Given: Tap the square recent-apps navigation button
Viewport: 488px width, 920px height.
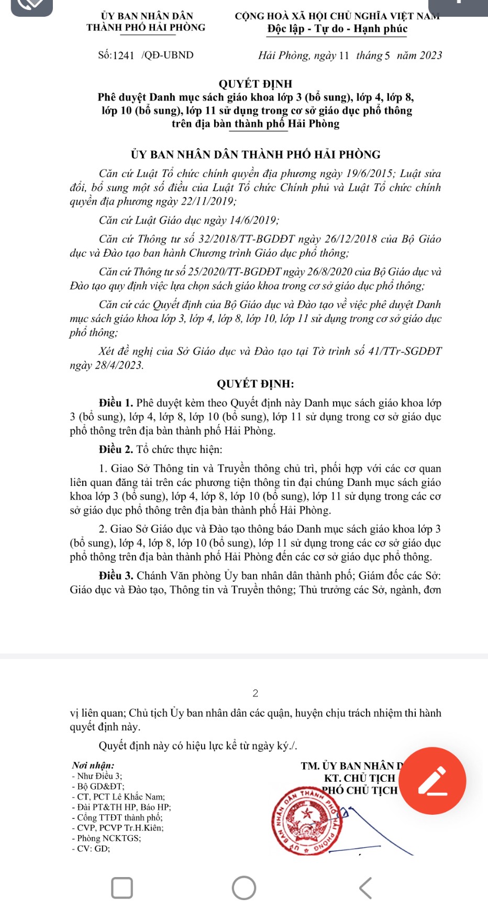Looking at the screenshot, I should pos(122,888).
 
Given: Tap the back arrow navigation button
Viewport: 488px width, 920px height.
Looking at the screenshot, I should pos(365,888).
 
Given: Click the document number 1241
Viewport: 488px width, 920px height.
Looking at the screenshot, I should pos(124,56).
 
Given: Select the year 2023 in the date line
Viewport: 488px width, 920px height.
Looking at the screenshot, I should pos(430,56).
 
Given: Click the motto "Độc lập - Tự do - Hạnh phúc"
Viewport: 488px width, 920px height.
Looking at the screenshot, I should pos(337,29).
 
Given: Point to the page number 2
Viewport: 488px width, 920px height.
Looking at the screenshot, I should pos(256,693).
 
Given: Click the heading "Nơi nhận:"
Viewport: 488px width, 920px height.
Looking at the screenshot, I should pos(93,766).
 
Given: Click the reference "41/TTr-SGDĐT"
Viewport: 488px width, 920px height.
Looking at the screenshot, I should pos(405,351).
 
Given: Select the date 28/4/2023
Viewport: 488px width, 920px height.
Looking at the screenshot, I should pos(119,365).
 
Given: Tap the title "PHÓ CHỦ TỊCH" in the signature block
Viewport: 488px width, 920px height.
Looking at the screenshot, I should pos(360,790).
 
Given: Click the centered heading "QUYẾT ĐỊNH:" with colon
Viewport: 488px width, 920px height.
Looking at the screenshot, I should pos(256,384).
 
